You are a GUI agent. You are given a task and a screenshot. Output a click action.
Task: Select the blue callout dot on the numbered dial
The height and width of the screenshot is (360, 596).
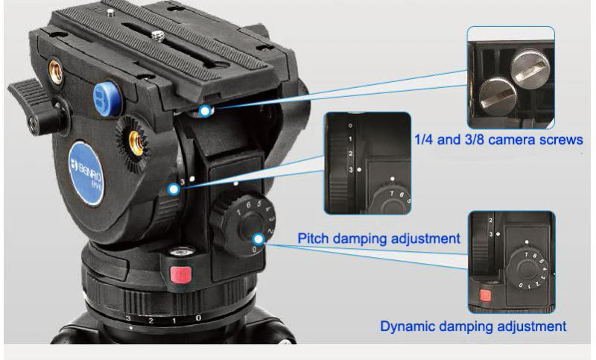[x=258, y=239]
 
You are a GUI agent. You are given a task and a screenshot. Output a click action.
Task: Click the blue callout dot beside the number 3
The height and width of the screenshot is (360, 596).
[x=174, y=189]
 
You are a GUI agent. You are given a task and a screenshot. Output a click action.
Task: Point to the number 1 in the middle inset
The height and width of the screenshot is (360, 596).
[x=351, y=139]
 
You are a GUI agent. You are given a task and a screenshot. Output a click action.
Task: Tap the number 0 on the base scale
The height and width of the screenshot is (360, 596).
[x=198, y=318]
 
